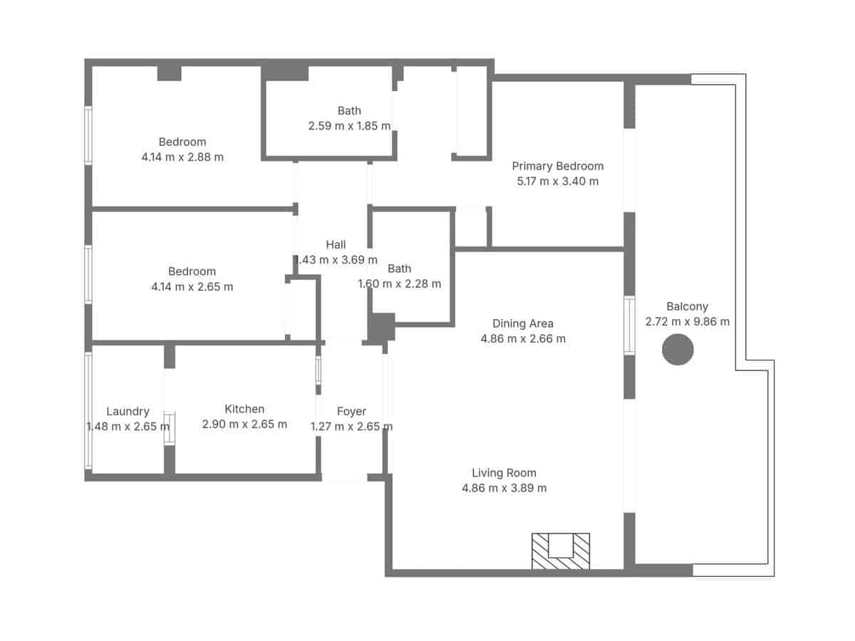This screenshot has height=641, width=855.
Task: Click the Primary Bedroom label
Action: click(x=557, y=166)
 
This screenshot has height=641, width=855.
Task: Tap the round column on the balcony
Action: click(x=678, y=350)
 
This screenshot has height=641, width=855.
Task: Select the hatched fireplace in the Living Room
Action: click(x=561, y=551)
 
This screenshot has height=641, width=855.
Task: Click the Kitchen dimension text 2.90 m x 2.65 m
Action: click(x=244, y=424)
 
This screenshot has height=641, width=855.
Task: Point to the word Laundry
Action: click(x=128, y=411)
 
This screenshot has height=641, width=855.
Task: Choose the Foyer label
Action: click(x=351, y=411)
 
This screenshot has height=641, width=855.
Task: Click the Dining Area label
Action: click(x=523, y=323)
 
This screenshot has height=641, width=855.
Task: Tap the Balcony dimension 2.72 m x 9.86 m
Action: click(x=687, y=322)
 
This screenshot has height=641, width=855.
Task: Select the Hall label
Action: click(x=336, y=244)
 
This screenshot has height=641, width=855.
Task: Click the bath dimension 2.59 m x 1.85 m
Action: click(x=349, y=126)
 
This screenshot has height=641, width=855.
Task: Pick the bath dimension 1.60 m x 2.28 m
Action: click(x=399, y=284)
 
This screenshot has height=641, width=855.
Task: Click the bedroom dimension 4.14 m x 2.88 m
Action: click(x=182, y=157)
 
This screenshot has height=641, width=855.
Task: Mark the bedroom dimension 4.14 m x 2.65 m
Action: click(x=192, y=287)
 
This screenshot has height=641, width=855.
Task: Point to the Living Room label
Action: click(x=504, y=473)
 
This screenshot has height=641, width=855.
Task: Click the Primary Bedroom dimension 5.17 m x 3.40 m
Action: click(x=557, y=182)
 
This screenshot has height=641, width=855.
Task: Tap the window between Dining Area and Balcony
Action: click(x=629, y=325)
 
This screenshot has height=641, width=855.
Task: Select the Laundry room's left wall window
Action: click(x=88, y=411)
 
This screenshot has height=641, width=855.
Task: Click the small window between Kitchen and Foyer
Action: click(x=318, y=371)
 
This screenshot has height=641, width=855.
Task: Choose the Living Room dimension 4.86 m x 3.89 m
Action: click(x=504, y=489)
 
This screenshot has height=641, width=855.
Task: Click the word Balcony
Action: click(x=687, y=306)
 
